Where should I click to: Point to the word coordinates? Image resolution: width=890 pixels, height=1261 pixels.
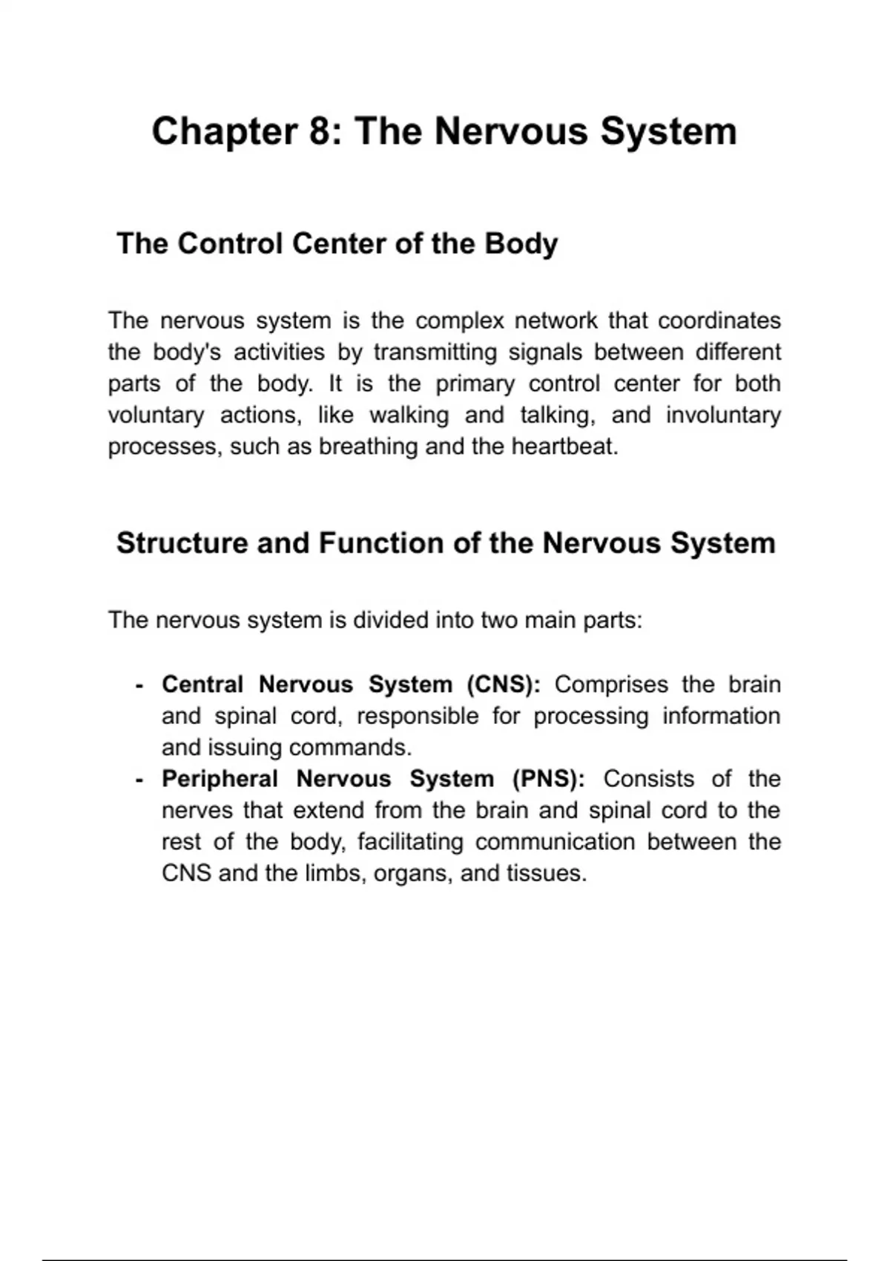719,321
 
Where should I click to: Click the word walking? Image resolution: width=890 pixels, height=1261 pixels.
409,415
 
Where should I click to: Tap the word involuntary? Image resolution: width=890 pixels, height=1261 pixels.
723,415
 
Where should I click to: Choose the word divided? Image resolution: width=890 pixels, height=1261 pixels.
390,620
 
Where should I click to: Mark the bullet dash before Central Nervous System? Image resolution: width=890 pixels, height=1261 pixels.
139,685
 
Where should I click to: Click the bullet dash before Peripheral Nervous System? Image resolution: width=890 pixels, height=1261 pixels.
139,780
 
